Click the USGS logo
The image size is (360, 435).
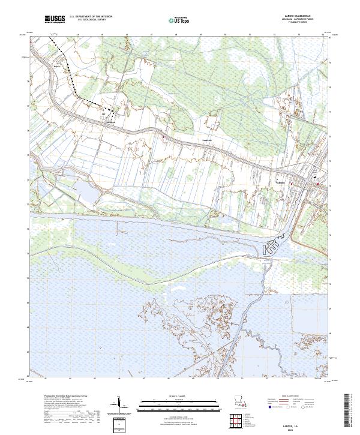click(x=53, y=19)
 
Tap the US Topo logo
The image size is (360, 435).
click(x=174, y=20)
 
